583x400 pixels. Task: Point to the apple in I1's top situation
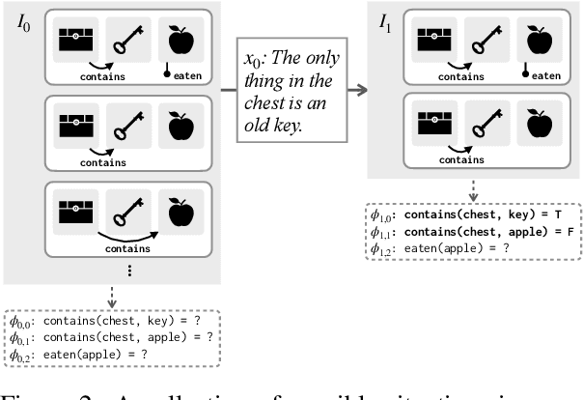(x=540, y=40)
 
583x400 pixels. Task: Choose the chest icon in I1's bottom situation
(x=432, y=124)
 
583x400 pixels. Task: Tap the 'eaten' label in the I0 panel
(x=189, y=73)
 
